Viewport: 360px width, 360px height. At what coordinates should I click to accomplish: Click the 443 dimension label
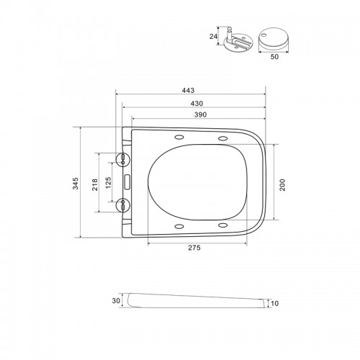click(x=188, y=91)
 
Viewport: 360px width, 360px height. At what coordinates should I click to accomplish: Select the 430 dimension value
click(x=197, y=104)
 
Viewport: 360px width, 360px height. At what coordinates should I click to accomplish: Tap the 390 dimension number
click(x=200, y=114)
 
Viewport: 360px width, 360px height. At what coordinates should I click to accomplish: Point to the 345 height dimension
click(x=76, y=184)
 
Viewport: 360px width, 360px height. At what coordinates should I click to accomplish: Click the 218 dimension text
click(x=95, y=184)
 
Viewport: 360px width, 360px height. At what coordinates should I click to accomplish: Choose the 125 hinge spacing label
click(x=109, y=183)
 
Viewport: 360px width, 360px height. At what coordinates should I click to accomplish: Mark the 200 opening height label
click(x=282, y=185)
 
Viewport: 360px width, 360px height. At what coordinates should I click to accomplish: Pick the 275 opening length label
click(x=194, y=248)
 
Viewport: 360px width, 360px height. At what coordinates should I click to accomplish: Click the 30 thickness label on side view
click(x=116, y=300)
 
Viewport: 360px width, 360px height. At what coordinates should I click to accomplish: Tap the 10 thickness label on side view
click(x=274, y=304)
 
